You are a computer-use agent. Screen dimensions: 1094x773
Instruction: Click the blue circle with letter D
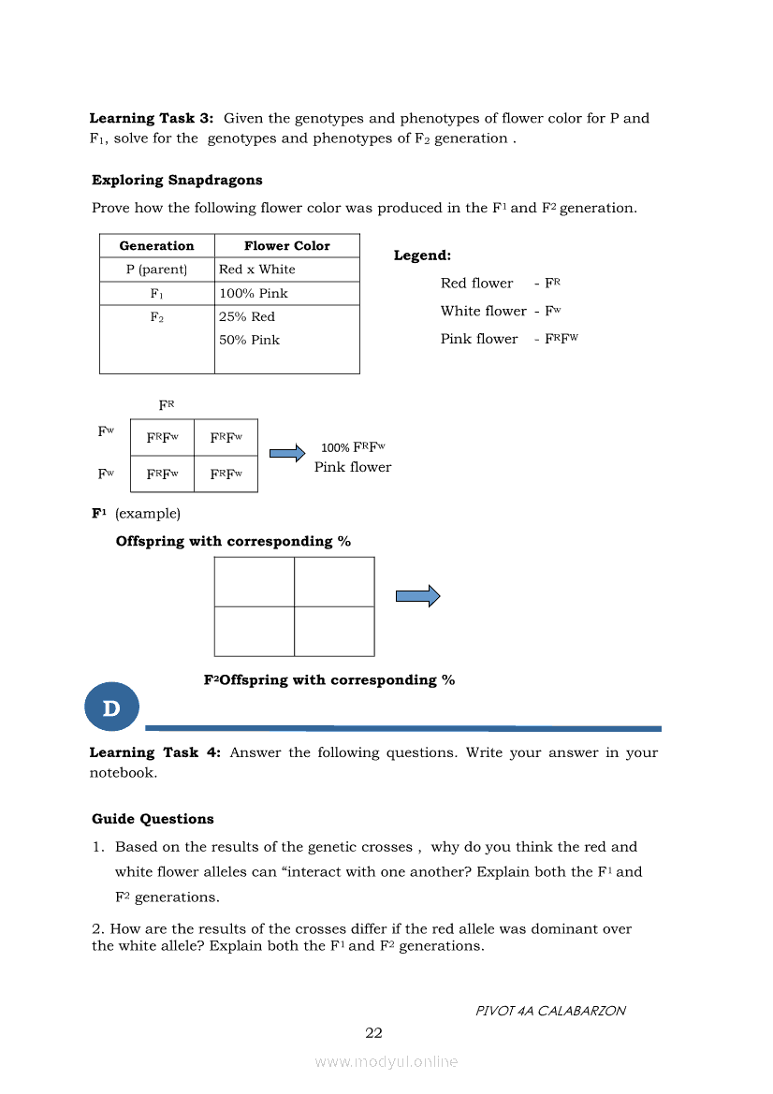[x=111, y=707]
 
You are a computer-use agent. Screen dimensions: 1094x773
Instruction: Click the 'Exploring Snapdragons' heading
[x=177, y=180]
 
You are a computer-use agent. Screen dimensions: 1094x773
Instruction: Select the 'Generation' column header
[x=156, y=246]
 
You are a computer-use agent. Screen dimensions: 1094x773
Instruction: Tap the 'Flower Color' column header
[x=286, y=246]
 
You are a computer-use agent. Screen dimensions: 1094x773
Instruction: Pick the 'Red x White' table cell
[x=256, y=270]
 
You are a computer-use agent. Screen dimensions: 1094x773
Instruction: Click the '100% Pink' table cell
[x=253, y=294]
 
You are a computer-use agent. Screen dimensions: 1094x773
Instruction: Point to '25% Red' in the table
[x=247, y=317]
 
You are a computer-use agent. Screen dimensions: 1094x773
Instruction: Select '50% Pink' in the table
[x=249, y=341]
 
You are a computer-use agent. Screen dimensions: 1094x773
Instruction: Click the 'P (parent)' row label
[x=156, y=270]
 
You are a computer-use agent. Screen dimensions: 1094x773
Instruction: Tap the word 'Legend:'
[x=422, y=255]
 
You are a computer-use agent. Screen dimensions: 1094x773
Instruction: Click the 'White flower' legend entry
[x=483, y=311]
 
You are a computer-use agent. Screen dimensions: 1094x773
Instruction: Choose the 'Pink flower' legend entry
[x=478, y=339]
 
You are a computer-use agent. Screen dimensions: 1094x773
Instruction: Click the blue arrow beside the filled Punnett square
[x=287, y=454]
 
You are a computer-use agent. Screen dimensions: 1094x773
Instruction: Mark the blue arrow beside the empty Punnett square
[x=417, y=596]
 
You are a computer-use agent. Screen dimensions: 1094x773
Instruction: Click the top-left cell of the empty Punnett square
[x=254, y=582]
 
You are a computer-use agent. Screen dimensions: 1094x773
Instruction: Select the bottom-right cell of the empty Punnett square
[x=334, y=631]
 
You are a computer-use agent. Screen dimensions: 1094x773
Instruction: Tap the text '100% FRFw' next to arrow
[x=353, y=447]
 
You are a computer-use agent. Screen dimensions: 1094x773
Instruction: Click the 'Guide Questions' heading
[x=153, y=819]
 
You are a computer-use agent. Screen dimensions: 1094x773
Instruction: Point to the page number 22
[x=373, y=1033]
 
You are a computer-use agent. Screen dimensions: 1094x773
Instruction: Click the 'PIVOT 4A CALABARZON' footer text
[x=550, y=1011]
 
